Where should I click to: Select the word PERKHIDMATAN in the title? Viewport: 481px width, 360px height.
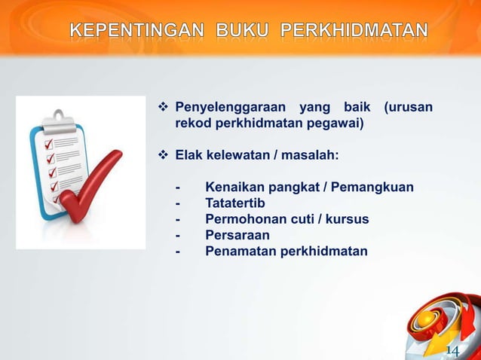coord(354,31)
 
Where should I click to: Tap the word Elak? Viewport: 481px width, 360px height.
coord(189,155)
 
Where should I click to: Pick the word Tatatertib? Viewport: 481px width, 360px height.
coord(235,203)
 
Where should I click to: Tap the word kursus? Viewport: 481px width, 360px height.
coord(348,218)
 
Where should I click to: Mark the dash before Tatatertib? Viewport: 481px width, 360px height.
coord(178,203)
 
